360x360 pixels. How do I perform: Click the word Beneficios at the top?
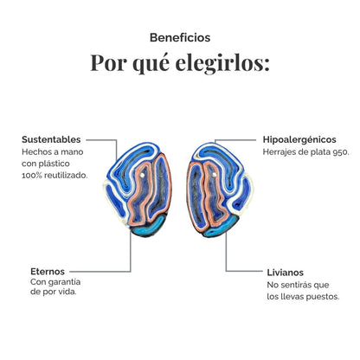(x=180, y=37)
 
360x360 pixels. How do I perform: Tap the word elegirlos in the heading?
(x=222, y=63)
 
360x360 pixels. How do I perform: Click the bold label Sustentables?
(x=51, y=139)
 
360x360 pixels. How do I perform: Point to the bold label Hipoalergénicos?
(x=299, y=140)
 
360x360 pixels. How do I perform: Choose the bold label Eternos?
(x=48, y=272)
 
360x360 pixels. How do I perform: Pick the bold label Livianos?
(x=285, y=273)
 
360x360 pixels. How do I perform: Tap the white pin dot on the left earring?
(x=142, y=175)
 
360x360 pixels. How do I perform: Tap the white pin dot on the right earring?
(x=214, y=175)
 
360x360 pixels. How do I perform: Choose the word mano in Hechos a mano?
(x=74, y=152)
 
